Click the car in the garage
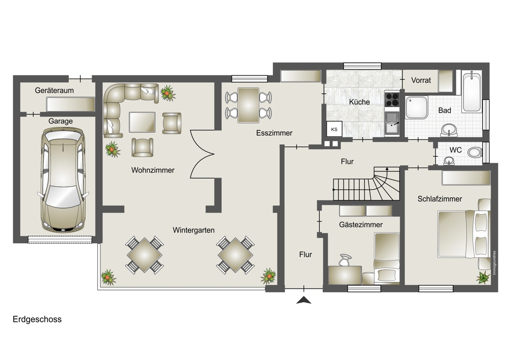[62, 179]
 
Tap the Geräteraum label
[55, 90]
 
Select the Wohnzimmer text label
[153, 170]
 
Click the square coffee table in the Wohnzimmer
[142, 122]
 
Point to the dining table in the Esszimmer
[248, 105]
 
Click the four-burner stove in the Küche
[392, 100]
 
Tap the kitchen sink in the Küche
[392, 123]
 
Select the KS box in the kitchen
[334, 129]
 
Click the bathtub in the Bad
[472, 92]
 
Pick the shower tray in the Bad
[416, 107]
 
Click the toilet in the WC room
[475, 152]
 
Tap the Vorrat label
[421, 80]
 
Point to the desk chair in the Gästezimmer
[345, 260]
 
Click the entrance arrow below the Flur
[304, 300]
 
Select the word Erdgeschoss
[37, 319]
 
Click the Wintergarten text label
[193, 230]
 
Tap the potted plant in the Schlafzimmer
[483, 277]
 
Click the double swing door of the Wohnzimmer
[201, 154]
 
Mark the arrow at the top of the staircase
[387, 169]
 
